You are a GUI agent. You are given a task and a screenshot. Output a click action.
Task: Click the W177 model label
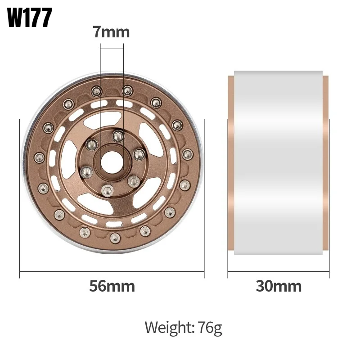[x=30, y=18]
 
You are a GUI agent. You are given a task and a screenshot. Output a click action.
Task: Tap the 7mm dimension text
[x=111, y=32]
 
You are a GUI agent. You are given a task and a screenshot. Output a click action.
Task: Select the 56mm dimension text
[x=112, y=286]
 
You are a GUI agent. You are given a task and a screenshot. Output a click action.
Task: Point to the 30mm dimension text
[x=279, y=286]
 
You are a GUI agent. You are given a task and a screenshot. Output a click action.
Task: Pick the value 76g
[x=209, y=328]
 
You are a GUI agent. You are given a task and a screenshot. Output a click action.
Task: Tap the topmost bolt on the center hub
[x=118, y=135]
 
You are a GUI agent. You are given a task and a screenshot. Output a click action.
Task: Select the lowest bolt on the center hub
[x=107, y=190]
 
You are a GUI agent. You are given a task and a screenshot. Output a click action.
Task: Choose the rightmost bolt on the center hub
[x=138, y=154]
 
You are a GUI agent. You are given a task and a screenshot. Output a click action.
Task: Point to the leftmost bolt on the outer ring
[x=38, y=157]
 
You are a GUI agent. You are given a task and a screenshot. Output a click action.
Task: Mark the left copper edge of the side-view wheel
[x=231, y=164]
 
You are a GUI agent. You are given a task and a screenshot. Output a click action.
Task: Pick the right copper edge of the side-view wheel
[x=326, y=164]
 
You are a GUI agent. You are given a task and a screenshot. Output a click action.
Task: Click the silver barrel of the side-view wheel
[x=279, y=164]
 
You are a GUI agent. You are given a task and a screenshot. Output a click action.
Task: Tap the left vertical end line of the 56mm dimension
[x=20, y=198]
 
